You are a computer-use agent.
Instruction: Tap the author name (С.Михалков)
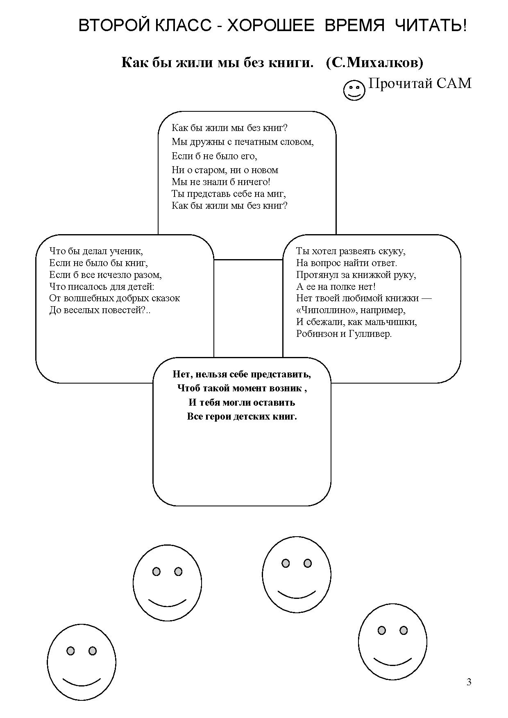point(375,62)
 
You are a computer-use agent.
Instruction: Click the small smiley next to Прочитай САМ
point(354,90)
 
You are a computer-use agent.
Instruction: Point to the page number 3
point(469,682)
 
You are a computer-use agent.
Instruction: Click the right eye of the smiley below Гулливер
point(307,564)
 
